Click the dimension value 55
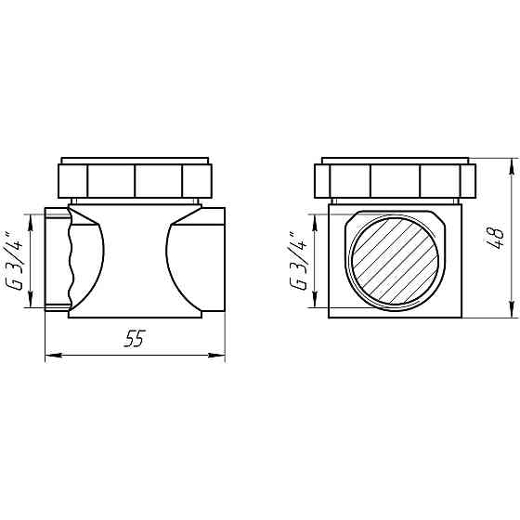[136, 340]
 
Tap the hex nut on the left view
[136, 180]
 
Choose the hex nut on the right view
[395, 180]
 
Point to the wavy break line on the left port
[67, 260]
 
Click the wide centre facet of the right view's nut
[395, 180]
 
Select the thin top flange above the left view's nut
[136, 160]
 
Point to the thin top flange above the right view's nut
[395, 160]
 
